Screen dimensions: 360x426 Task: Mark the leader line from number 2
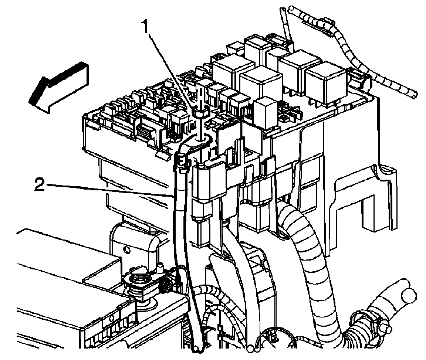pos(111,190)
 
